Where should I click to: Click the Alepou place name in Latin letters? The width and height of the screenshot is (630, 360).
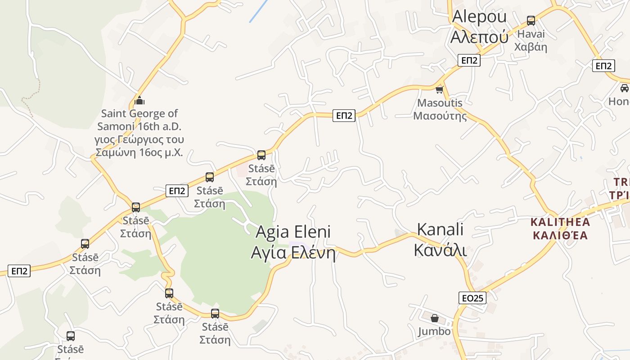tap(479, 17)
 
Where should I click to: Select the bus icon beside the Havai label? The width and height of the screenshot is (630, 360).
tap(531, 20)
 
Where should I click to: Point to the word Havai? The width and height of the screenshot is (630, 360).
tap(531, 34)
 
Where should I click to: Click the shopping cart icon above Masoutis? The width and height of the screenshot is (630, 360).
tap(440, 90)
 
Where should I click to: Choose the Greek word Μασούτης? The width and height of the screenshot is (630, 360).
tap(440, 116)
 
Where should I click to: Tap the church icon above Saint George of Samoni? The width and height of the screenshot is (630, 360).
tap(139, 100)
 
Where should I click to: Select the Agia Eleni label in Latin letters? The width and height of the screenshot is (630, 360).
tap(293, 232)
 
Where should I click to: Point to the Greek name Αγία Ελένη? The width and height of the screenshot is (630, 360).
tap(293, 252)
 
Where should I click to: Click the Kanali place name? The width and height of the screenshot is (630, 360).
tap(440, 229)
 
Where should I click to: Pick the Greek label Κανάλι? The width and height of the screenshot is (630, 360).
tap(440, 250)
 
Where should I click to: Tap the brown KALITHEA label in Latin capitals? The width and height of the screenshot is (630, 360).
tap(560, 222)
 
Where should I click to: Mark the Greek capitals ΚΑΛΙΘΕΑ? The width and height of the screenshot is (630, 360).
tap(560, 235)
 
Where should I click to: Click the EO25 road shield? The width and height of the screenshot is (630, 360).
tap(472, 297)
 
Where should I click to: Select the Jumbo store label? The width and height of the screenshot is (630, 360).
tap(434, 332)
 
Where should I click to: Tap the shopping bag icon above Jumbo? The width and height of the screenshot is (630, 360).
tap(434, 319)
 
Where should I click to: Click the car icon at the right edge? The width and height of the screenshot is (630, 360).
tap(624, 88)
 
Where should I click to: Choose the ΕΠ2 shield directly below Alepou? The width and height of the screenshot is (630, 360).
tap(469, 60)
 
